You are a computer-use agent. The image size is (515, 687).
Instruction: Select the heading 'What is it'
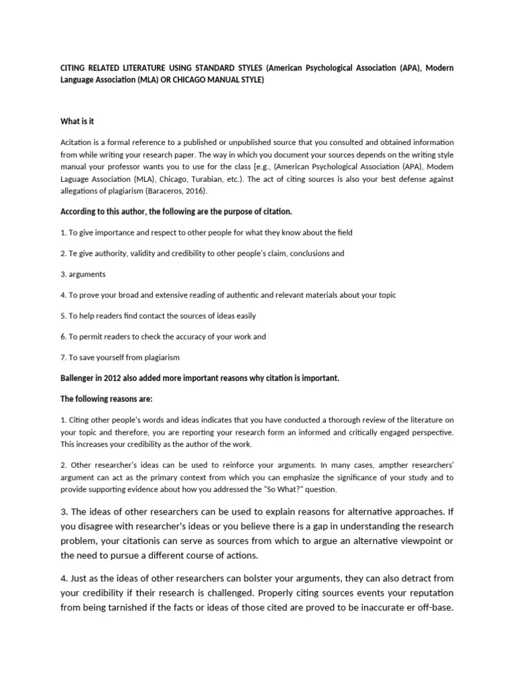pyautogui.click(x=77, y=121)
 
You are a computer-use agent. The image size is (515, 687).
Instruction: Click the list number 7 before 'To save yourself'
pyautogui.click(x=62, y=357)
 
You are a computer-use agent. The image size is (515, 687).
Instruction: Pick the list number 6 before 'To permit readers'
pyautogui.click(x=62, y=336)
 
